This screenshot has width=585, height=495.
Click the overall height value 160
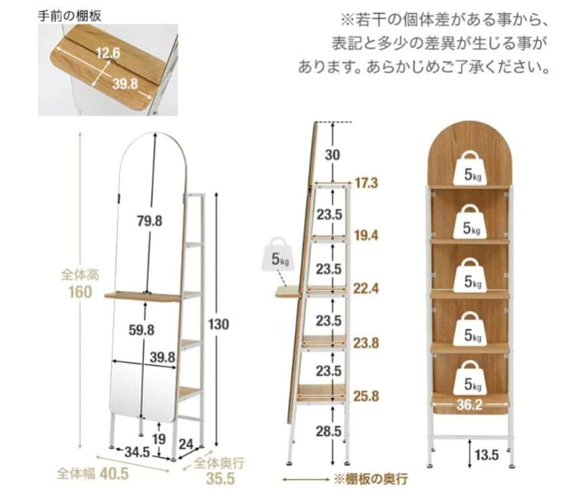[x=81, y=292]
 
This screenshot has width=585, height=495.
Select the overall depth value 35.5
[x=220, y=479]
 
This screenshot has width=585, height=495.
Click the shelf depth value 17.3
[x=366, y=183]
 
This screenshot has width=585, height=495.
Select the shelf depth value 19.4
[x=366, y=235]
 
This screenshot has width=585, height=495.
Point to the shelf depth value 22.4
[x=366, y=289]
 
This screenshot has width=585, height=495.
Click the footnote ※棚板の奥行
[x=370, y=479]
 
